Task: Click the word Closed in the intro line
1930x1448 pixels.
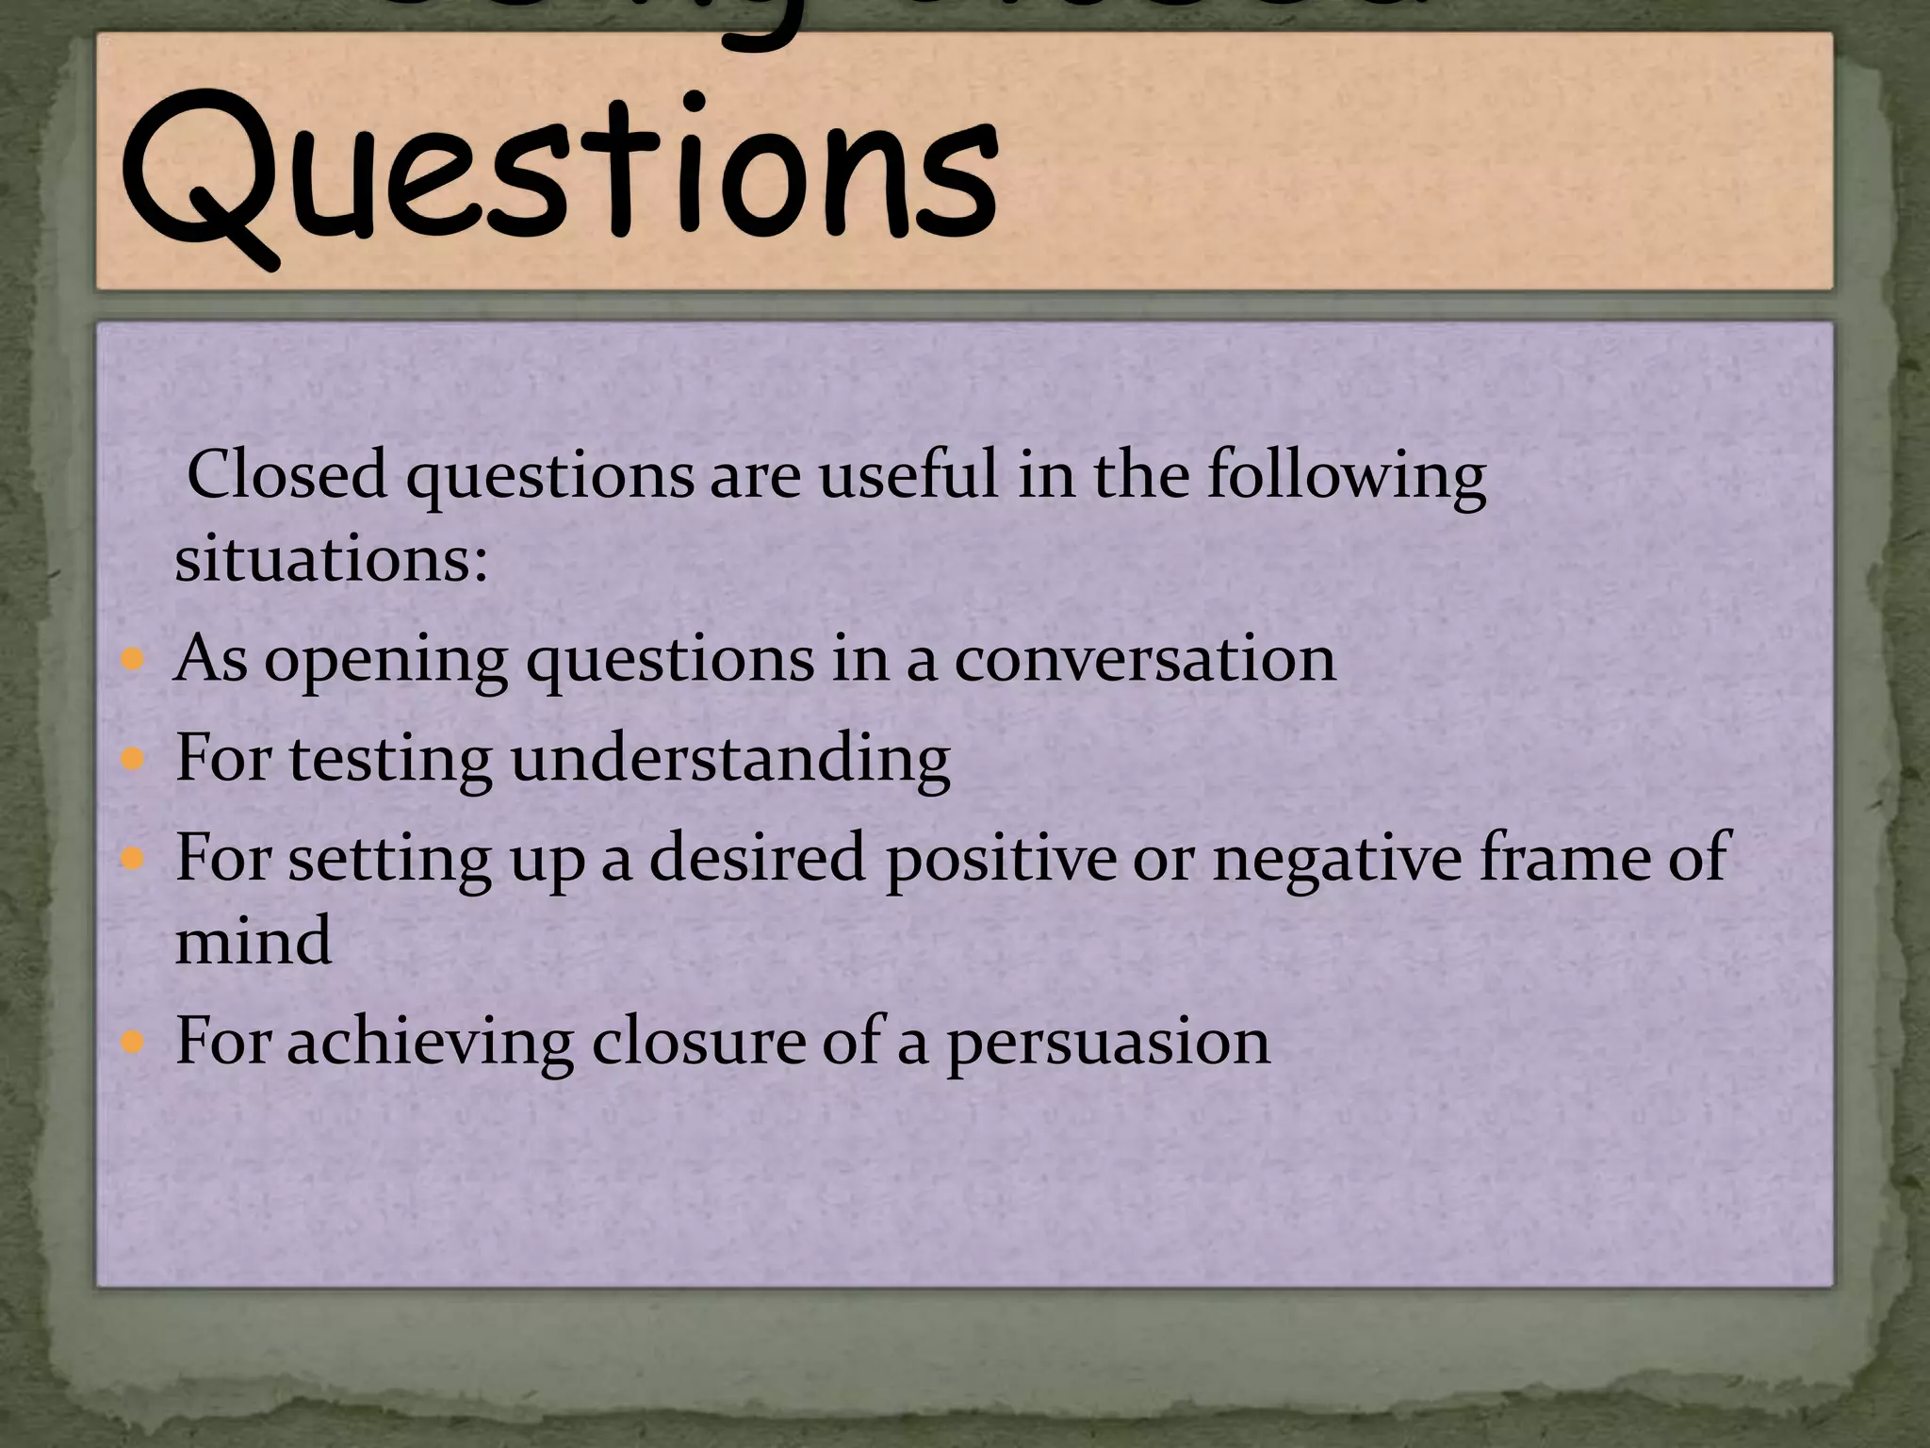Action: (x=287, y=474)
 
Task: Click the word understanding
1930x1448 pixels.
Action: (x=730, y=760)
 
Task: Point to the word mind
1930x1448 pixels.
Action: (x=254, y=940)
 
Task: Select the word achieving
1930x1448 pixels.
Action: (x=431, y=1043)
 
